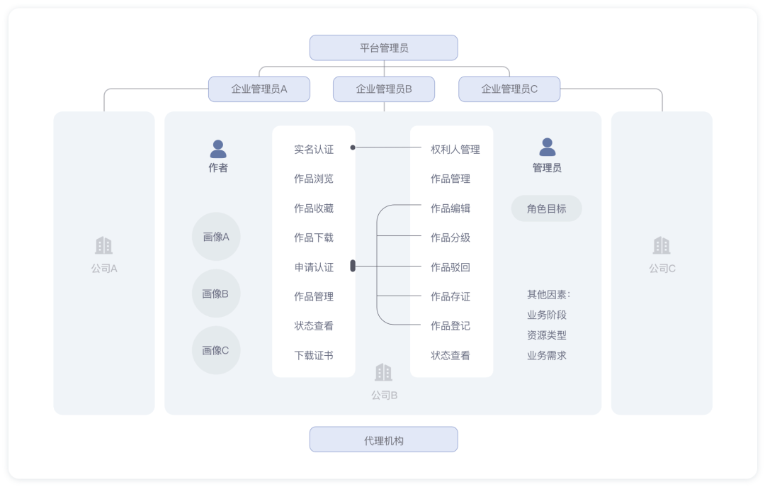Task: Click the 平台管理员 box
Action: point(383,48)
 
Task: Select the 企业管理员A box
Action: point(259,89)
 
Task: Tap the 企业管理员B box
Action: point(384,89)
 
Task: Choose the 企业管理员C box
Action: point(509,89)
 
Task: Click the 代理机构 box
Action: point(383,440)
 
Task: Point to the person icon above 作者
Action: point(218,149)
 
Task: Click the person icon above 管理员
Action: point(547,147)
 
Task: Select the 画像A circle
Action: point(216,237)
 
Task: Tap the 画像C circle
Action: point(216,350)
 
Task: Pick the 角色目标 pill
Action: point(546,209)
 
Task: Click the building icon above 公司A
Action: point(103,246)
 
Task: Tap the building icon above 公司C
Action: point(662,246)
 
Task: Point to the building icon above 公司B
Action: point(383,373)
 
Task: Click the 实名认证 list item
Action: point(314,150)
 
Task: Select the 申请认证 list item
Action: point(314,267)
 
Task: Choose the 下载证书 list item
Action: point(314,355)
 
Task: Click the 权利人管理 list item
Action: point(455,150)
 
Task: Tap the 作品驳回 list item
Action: point(450,267)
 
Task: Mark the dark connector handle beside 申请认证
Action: point(353,267)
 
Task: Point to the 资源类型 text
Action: point(546,335)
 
